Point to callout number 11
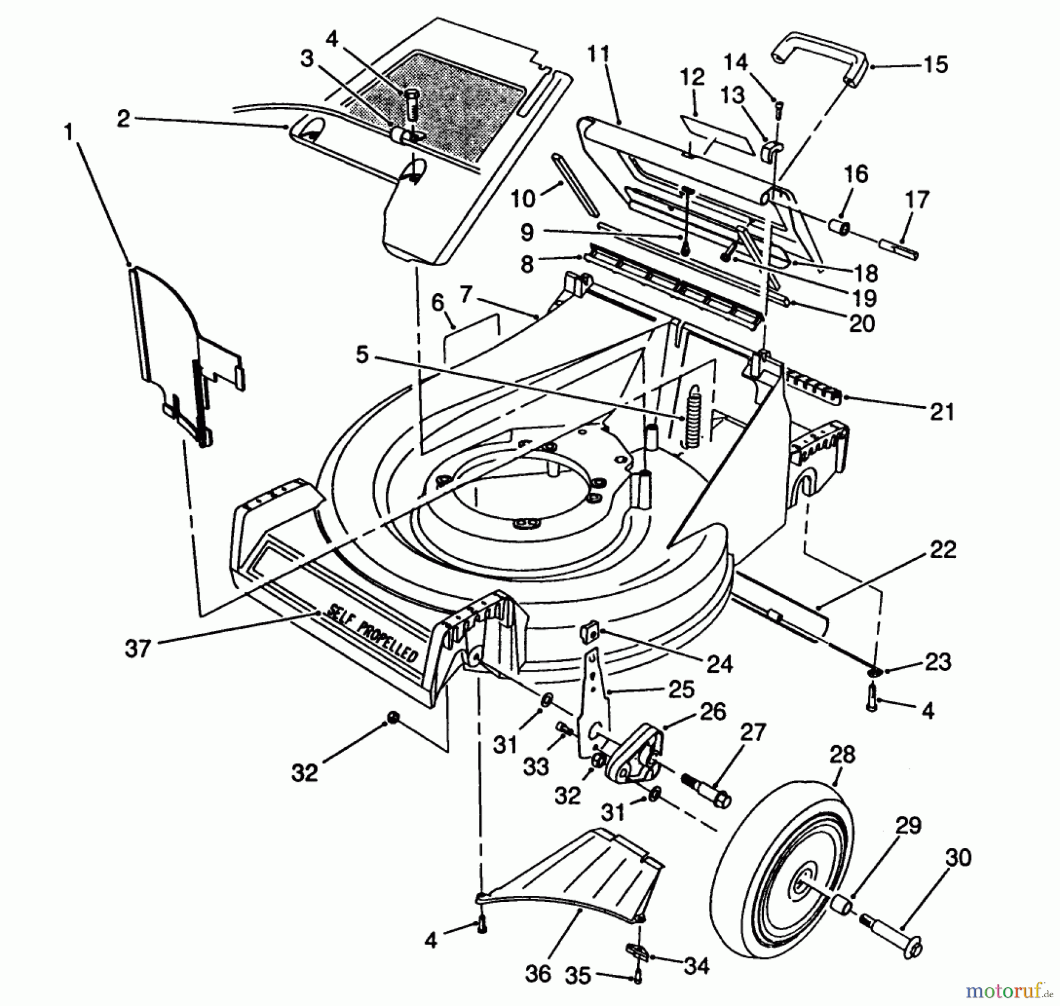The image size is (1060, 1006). point(599,55)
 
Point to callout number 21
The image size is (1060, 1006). point(942,411)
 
